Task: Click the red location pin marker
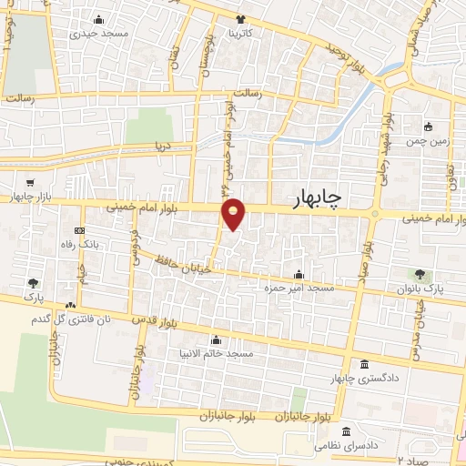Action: [x=234, y=214]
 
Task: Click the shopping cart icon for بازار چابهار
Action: [x=33, y=183]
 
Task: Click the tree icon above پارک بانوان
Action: [x=420, y=273]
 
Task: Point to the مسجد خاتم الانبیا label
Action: [x=228, y=352]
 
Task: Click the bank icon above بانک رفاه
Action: [x=80, y=230]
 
